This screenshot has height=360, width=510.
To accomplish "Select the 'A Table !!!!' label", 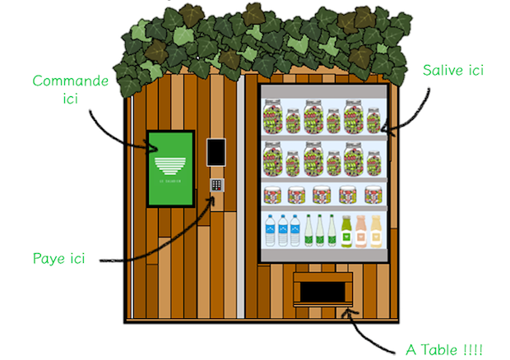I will click(x=443, y=348).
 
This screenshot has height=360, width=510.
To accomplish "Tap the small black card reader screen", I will click(x=216, y=151).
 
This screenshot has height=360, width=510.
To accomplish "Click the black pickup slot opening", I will click(x=322, y=290).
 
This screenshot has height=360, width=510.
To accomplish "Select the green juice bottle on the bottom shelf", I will click(x=346, y=231).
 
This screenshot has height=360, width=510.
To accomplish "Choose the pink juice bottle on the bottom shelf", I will click(x=361, y=231).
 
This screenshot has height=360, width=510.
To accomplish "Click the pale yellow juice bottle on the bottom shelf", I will click(x=376, y=231).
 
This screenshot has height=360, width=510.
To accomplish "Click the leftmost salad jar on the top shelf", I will click(x=272, y=117).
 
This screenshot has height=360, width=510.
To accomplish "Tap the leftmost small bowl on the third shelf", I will click(x=272, y=195).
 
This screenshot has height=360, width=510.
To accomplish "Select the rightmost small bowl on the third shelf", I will click(x=374, y=195).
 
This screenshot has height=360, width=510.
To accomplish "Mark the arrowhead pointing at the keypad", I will click(x=216, y=197).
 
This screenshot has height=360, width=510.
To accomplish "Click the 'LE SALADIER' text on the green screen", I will click(x=170, y=182).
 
